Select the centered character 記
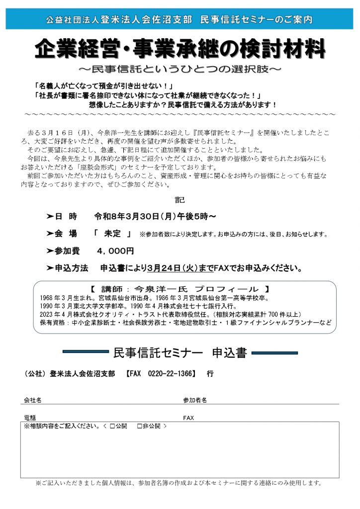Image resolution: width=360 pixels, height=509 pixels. (x=180, y=200)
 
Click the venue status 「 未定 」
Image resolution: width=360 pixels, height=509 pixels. (x=113, y=234)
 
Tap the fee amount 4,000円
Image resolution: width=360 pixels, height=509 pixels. (x=116, y=251)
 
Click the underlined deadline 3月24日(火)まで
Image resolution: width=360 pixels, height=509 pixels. (x=180, y=268)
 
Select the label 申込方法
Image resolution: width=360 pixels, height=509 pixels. (x=71, y=268)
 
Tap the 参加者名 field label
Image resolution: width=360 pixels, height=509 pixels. (x=195, y=399)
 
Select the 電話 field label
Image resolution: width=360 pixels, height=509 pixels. (x=30, y=418)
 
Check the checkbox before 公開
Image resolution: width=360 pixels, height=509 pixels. (x=112, y=426)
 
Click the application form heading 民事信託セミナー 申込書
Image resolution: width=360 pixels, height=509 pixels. (x=180, y=353)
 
